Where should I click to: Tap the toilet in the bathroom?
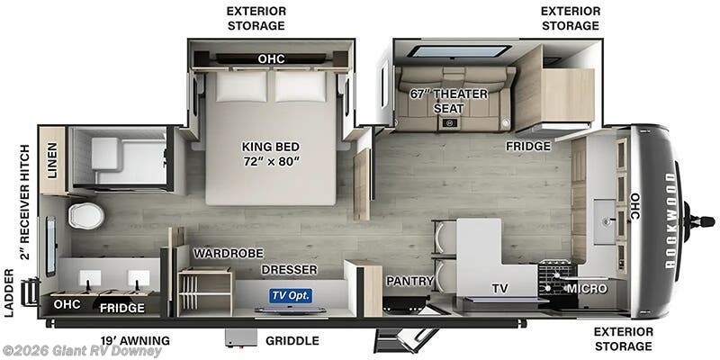point(86,215)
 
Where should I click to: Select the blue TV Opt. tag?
point(290,295)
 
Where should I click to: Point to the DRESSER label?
point(289,269)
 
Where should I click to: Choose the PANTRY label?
point(410,281)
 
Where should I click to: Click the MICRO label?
point(585,288)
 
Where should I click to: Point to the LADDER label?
point(9,292)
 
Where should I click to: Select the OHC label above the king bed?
point(271,59)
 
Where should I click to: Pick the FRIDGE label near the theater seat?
point(526,146)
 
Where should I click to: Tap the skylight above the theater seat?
point(459,51)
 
